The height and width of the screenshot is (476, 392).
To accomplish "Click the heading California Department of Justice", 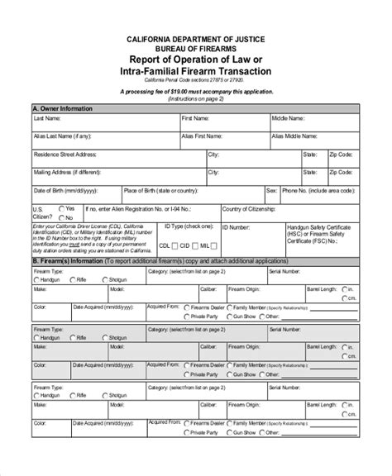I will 196,39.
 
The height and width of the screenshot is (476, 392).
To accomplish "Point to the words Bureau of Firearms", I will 196,49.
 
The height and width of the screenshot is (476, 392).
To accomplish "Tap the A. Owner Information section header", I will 63,108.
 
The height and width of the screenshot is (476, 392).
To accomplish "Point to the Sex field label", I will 270,190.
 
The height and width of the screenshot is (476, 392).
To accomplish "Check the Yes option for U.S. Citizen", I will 60,208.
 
